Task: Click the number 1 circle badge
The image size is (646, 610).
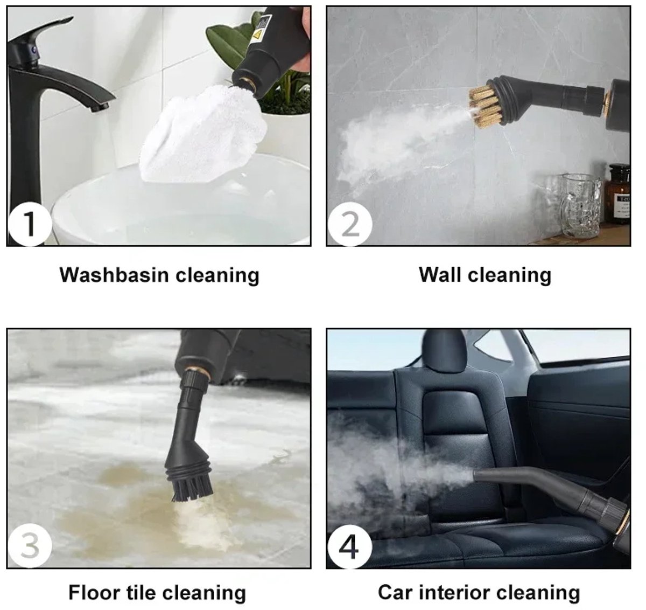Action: pyautogui.click(x=30, y=224)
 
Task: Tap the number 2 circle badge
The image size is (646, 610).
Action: pyautogui.click(x=350, y=224)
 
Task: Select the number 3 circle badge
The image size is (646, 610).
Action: pyautogui.click(x=30, y=546)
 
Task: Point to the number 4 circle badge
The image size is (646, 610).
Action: pyautogui.click(x=350, y=547)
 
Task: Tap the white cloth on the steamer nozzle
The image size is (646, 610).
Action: pyautogui.click(x=202, y=134)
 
